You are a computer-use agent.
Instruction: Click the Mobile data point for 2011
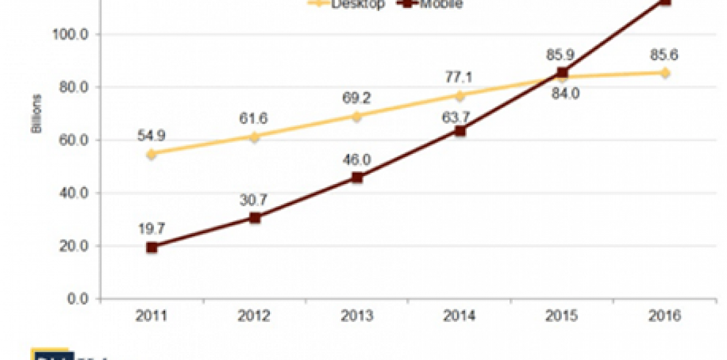(152, 247)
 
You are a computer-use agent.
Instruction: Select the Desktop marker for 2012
(254, 137)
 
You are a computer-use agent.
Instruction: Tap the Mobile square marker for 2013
(357, 177)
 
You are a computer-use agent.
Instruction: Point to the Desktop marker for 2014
(460, 96)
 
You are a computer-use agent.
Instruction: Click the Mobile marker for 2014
(460, 130)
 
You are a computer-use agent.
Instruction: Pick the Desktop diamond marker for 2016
(665, 73)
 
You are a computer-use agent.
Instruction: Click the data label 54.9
(151, 135)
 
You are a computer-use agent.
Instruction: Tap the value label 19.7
(151, 228)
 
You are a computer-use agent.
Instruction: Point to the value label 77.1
(459, 77)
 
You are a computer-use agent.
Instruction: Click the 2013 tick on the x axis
(357, 316)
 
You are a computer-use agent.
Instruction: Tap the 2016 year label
(665, 316)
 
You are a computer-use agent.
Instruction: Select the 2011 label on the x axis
(151, 316)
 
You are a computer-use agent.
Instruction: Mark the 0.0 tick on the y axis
(79, 299)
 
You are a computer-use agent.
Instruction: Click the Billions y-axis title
(36, 114)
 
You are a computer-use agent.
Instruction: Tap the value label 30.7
(254, 199)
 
